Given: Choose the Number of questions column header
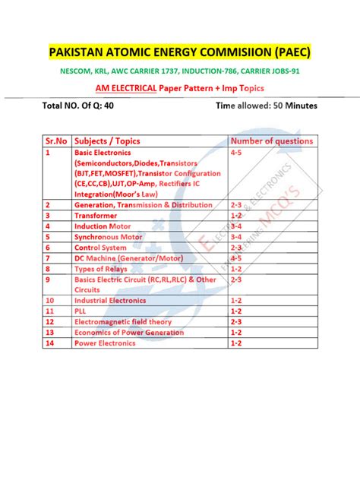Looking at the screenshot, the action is click(271, 141).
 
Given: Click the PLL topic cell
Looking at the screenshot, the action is click(81, 311).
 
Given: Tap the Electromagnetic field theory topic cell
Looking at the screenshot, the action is click(123, 322).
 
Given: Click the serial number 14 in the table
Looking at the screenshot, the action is click(50, 343).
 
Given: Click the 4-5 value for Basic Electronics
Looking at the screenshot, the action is click(236, 152).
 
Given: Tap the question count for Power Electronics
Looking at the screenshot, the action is click(236, 343).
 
